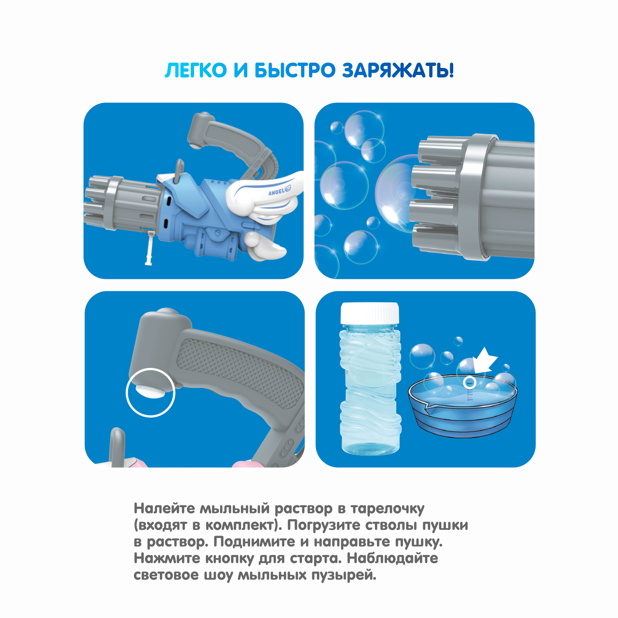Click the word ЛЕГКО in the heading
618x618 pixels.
tap(196, 70)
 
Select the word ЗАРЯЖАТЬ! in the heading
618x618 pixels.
tap(398, 70)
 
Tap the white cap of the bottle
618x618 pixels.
tap(370, 314)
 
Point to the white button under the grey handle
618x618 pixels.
tap(150, 390)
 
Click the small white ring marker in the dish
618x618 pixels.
tap(470, 383)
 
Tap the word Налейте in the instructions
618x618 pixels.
tap(164, 509)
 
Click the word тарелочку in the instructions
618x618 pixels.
tap(387, 509)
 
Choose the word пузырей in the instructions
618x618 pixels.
tap(344, 576)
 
